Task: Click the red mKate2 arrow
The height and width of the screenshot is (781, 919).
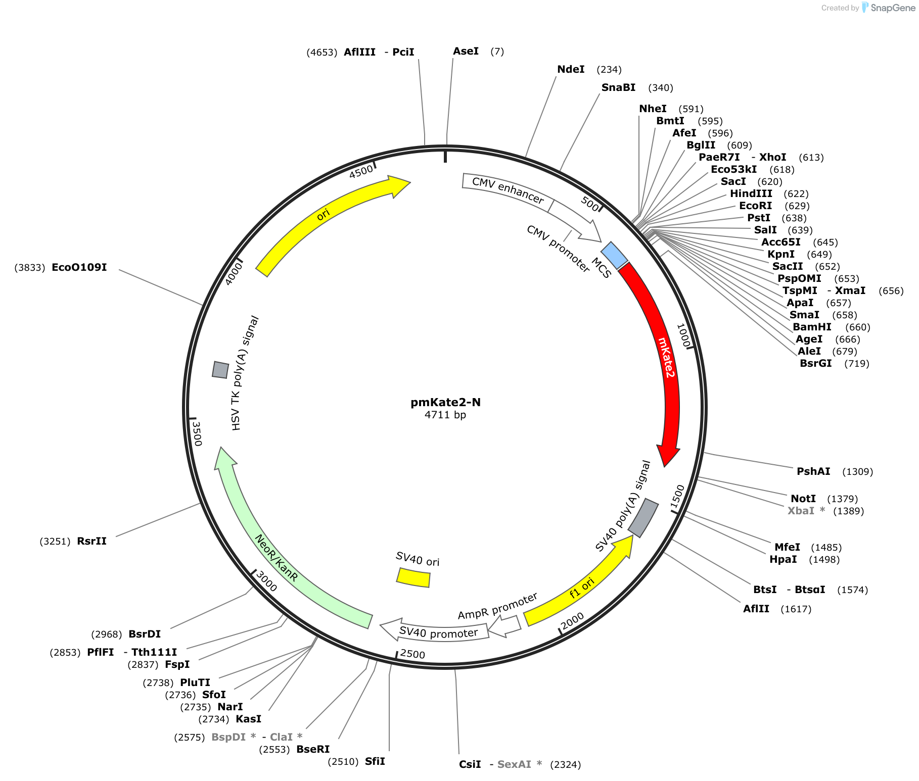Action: [666, 354]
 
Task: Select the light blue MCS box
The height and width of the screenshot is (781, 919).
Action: [614, 255]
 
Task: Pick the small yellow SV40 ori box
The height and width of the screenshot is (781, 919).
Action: [413, 577]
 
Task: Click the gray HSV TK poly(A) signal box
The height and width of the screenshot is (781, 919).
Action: [220, 370]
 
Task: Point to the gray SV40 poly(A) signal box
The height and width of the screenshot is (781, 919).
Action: [644, 518]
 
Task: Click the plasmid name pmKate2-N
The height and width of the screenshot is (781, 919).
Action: [446, 402]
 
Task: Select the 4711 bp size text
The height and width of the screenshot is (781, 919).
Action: [445, 415]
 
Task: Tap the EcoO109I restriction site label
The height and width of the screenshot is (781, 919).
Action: [79, 267]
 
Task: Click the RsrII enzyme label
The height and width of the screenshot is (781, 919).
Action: [92, 541]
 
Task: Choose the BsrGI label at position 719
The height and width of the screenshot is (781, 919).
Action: [816, 363]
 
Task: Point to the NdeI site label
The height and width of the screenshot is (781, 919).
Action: [571, 69]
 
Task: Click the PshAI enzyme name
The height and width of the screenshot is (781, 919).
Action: [814, 471]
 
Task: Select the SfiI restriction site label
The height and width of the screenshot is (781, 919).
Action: [375, 761]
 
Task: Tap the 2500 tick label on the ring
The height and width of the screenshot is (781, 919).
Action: [412, 654]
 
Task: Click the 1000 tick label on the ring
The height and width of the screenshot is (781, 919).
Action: [683, 335]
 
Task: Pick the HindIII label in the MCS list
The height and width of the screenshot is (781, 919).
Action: [751, 193]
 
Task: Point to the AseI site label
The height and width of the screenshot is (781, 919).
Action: [466, 51]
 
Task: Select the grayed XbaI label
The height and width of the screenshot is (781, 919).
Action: [801, 511]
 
